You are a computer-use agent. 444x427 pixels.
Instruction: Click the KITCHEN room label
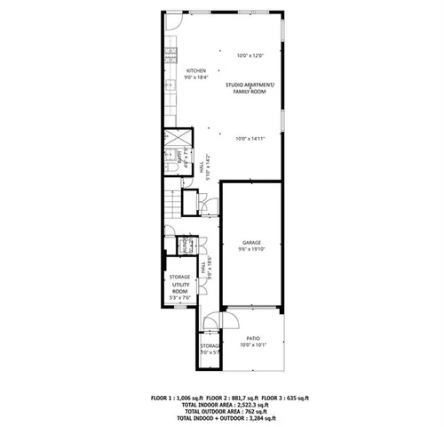(x=195, y=70)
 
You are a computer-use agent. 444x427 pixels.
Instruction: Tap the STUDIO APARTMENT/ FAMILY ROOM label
(x=250, y=87)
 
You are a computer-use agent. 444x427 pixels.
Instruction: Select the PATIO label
(x=253, y=338)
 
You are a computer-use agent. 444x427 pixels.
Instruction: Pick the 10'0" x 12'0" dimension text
(x=250, y=56)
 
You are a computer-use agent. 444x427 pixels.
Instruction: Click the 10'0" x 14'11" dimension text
(x=250, y=138)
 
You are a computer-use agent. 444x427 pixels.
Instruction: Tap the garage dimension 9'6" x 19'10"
(x=250, y=250)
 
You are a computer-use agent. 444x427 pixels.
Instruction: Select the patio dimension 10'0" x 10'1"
(x=253, y=345)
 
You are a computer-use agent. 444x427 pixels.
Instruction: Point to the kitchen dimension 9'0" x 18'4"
(x=195, y=77)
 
